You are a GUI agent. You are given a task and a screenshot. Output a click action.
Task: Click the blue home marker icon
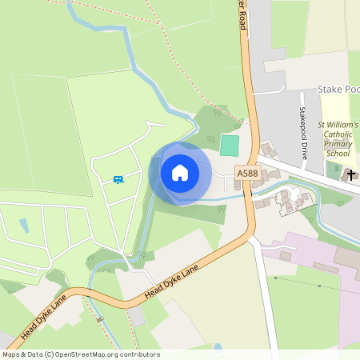(180, 173)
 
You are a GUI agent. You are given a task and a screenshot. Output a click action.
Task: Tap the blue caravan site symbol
(118, 179)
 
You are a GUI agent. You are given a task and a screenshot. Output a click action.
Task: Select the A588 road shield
(246, 172)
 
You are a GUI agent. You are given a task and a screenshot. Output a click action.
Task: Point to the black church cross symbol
(350, 174)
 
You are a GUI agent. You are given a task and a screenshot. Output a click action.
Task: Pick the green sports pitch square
(230, 146)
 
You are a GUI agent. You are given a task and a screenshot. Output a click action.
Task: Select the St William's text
(338, 126)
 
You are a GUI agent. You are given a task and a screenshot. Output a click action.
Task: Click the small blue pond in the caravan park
(24, 226)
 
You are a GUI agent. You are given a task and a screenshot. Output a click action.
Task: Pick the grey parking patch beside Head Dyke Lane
(138, 316)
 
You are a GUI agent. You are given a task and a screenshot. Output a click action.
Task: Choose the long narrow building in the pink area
(324, 267)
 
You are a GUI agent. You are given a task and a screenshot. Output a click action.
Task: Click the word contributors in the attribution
(138, 354)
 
